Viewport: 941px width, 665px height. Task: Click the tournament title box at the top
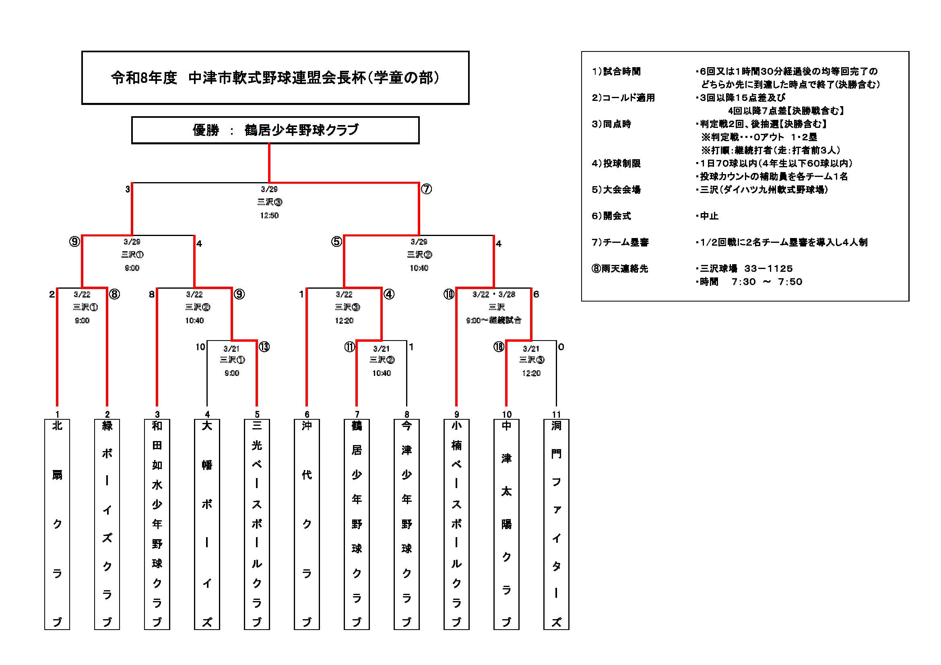point(275,78)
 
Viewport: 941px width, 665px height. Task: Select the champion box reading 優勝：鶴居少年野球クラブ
point(275,130)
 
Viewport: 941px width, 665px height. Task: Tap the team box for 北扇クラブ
point(57,524)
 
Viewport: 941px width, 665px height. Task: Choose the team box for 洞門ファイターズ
point(556,524)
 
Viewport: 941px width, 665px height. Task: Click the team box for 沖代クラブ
point(307,524)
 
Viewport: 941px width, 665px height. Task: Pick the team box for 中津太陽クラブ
point(506,524)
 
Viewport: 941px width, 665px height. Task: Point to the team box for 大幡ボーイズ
point(207,524)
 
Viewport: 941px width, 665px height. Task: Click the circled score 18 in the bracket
point(498,347)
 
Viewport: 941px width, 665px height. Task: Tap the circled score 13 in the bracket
point(264,347)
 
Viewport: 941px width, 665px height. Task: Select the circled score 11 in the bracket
point(349,347)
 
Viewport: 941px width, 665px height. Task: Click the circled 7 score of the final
point(426,189)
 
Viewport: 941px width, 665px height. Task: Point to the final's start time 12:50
point(269,216)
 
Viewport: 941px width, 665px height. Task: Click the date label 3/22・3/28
point(494,294)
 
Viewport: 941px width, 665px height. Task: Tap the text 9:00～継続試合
point(493,320)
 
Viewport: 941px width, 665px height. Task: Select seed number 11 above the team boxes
point(556,415)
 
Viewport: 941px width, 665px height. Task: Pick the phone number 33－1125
point(768,269)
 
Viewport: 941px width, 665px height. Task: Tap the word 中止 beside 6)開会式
point(709,216)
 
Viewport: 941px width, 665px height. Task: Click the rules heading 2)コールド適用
point(623,98)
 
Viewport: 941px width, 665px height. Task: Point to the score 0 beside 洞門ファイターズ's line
point(561,347)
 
